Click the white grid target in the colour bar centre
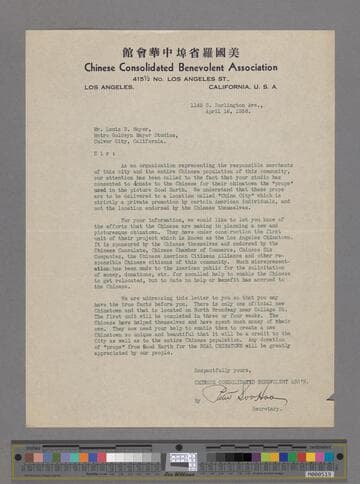[x=181, y=458]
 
